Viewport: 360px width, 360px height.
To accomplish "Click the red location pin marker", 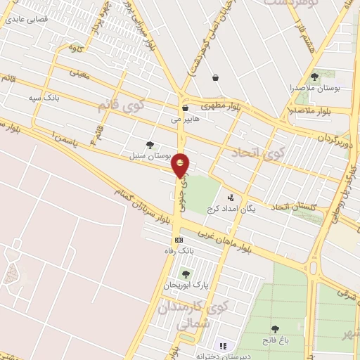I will tap(181, 166).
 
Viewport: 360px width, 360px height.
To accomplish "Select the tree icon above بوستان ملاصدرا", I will tap(314, 76).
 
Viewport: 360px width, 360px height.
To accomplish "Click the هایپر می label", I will tap(186, 120).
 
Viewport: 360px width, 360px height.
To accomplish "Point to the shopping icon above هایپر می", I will tap(185, 108).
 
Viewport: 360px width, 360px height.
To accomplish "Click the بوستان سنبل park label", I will tap(147, 154).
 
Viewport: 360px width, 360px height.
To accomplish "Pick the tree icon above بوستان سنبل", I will tap(150, 144).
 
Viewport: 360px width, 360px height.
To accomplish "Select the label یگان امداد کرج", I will tap(231, 210).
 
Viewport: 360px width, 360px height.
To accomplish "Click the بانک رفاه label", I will tap(179, 251).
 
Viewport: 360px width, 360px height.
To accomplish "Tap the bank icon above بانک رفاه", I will tap(179, 240).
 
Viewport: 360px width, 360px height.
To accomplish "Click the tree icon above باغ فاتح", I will tap(274, 328).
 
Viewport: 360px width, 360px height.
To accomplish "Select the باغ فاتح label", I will tap(276, 340).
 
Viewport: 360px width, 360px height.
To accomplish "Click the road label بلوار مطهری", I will tap(219, 105).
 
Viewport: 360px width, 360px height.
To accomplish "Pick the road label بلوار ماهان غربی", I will tap(225, 241).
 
